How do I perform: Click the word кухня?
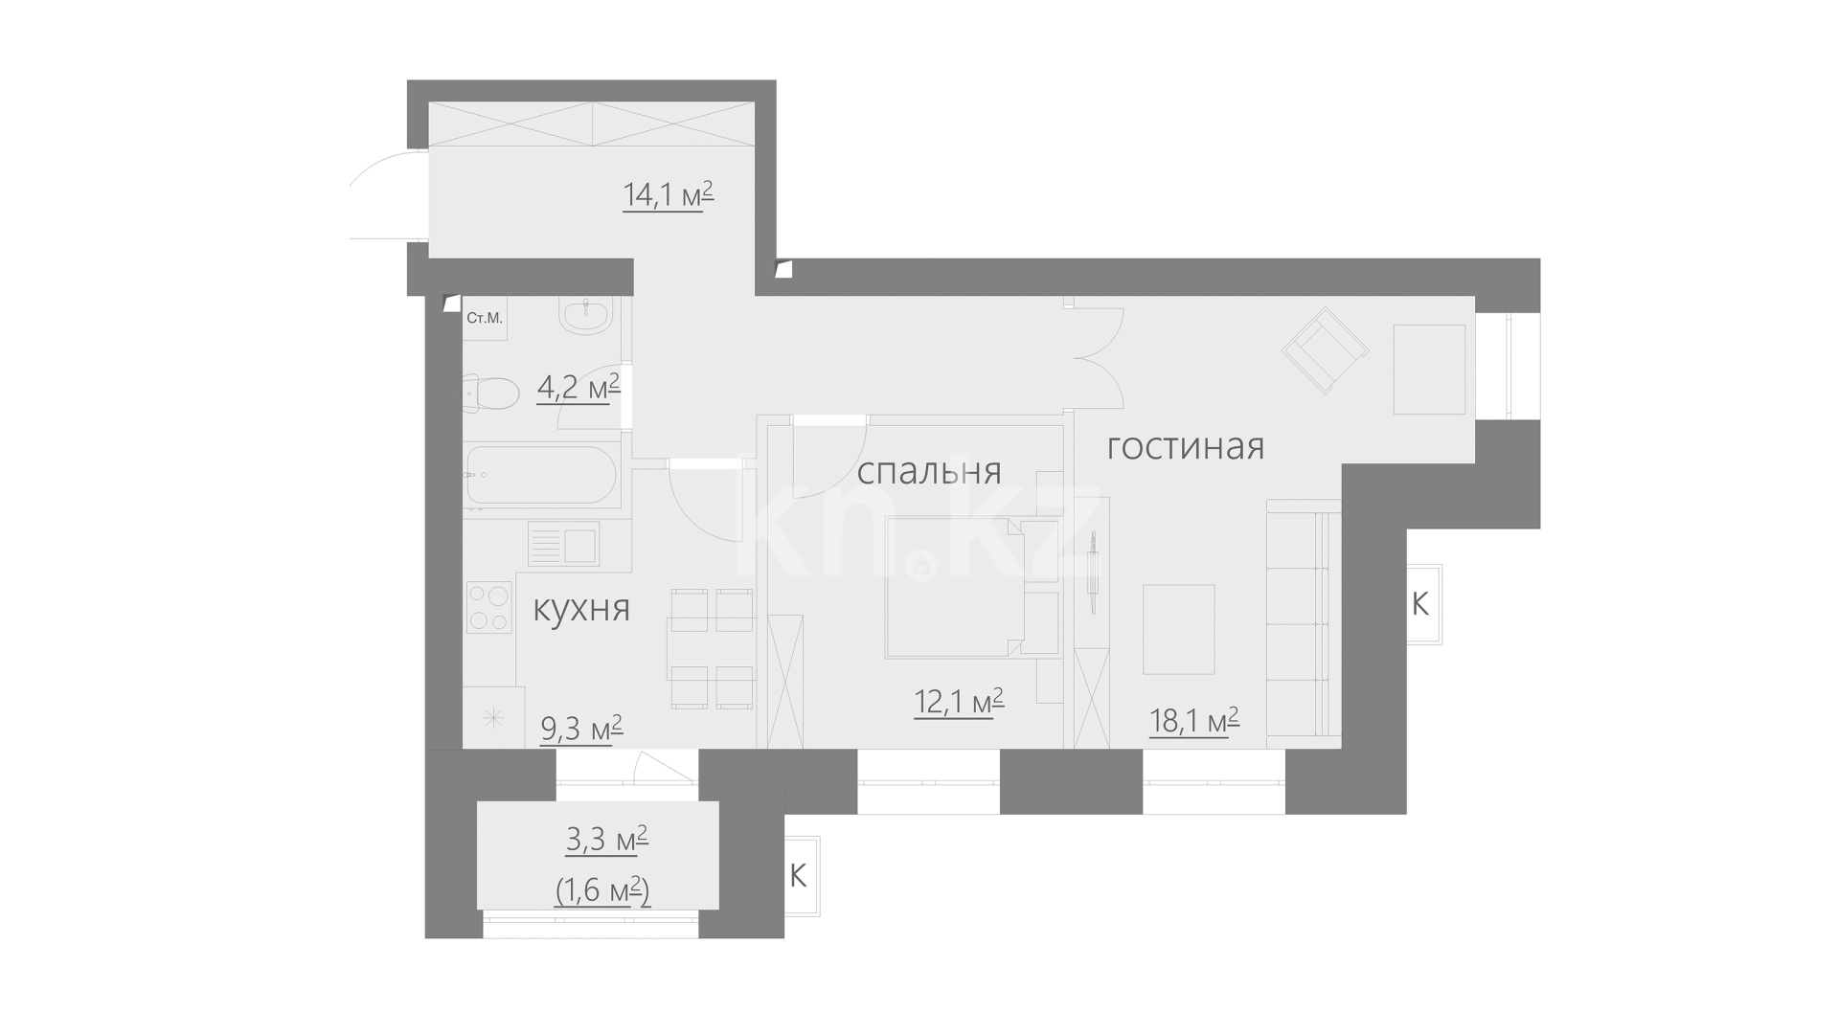tap(581, 609)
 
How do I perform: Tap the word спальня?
tap(929, 472)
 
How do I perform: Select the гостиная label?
tap(1186, 447)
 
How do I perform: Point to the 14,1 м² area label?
tap(669, 195)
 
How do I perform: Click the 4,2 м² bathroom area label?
tap(579, 388)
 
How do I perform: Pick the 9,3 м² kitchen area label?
tap(582, 729)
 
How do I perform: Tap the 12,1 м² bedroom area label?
tap(959, 702)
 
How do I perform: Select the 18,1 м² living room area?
tap(1194, 720)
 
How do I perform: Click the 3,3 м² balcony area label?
tap(607, 840)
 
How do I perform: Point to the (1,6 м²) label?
tap(603, 891)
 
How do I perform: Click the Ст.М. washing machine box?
tap(485, 319)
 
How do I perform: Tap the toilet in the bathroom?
tap(490, 393)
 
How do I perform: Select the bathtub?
tap(541, 475)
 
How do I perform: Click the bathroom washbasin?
tap(584, 316)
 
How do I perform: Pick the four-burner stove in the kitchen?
tap(489, 608)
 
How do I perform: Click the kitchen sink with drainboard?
tap(563, 545)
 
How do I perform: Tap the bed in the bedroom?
tap(955, 587)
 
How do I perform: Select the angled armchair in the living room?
tap(1326, 350)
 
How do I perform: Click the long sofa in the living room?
tap(1303, 623)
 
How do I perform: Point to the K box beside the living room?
tap(1424, 604)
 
